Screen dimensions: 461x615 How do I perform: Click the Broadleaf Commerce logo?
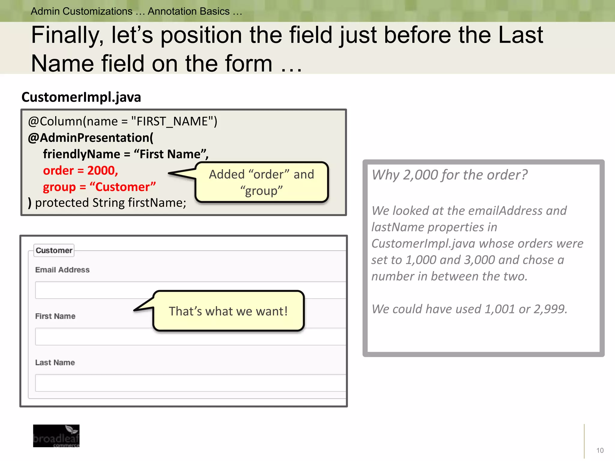(x=56, y=436)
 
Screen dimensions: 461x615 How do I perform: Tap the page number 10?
(x=600, y=450)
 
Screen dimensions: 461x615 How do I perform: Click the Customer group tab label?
(x=54, y=250)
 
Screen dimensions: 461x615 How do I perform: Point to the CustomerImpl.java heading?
(x=81, y=97)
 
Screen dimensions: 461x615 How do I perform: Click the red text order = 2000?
(x=80, y=170)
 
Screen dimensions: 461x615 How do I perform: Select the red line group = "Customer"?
(x=99, y=187)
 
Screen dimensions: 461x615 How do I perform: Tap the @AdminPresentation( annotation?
(x=90, y=138)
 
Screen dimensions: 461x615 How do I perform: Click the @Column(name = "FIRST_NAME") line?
(x=123, y=122)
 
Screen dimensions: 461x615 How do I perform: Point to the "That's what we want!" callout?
(x=228, y=311)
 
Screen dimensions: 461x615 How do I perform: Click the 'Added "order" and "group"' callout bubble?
(x=262, y=182)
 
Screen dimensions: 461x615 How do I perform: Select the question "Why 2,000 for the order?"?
(x=449, y=175)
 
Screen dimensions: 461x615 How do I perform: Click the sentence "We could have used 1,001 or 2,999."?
(x=469, y=309)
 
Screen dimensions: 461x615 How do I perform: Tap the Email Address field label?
(x=62, y=270)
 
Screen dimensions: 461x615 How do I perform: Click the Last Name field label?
(x=55, y=363)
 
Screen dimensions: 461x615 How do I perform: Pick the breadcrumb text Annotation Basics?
(x=189, y=11)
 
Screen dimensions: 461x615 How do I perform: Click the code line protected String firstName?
(x=110, y=203)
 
